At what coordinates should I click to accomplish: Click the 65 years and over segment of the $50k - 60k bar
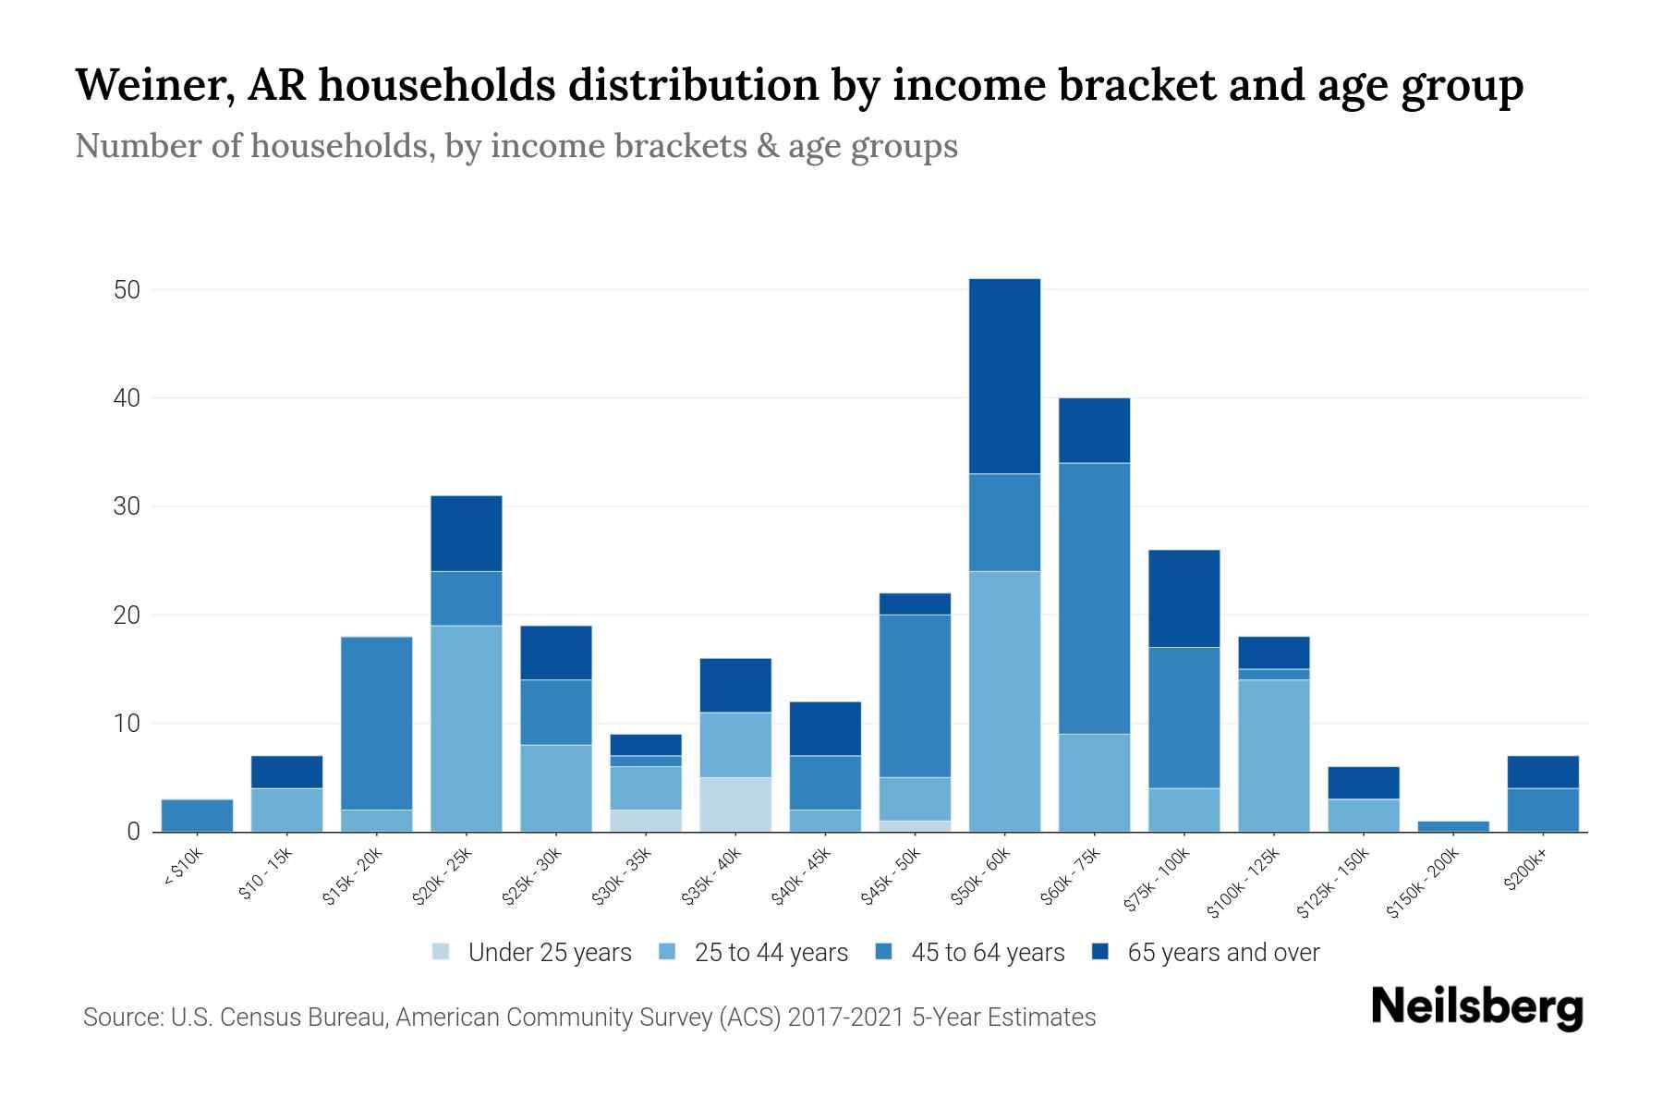[x=1004, y=376]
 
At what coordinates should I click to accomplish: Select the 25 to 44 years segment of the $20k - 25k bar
[x=467, y=728]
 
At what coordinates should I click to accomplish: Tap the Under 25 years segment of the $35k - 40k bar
[x=735, y=804]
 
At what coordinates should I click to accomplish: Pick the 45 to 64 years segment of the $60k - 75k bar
[x=1094, y=598]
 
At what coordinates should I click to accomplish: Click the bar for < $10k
[x=197, y=815]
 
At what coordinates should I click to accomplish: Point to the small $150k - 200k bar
[x=1452, y=826]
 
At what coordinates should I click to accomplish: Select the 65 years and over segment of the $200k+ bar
[x=1542, y=772]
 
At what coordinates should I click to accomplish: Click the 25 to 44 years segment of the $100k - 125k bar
[x=1273, y=755]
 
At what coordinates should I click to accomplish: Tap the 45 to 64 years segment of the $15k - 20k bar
[x=377, y=723]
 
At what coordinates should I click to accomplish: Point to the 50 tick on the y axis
[x=127, y=290]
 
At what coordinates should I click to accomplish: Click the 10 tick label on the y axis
[x=127, y=724]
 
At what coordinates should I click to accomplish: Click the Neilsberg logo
[x=1476, y=1007]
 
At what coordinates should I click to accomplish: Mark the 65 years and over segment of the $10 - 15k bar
[x=287, y=772]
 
